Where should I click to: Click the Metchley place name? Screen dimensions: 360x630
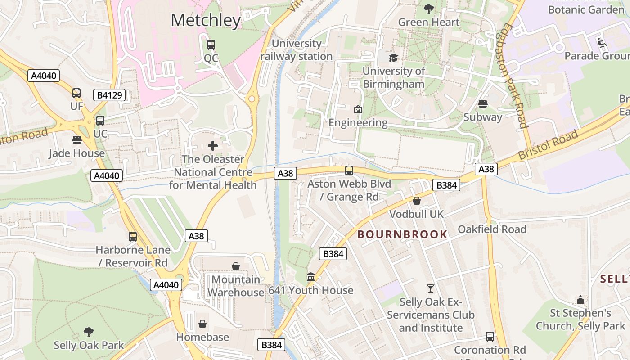(206, 20)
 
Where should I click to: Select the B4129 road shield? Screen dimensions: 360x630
(109, 95)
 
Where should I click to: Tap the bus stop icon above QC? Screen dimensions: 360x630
(211, 45)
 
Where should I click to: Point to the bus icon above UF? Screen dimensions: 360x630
(76, 93)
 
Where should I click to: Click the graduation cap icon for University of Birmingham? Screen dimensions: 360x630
(393, 58)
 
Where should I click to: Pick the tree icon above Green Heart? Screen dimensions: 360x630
(429, 9)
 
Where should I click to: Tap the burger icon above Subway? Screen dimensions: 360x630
(483, 104)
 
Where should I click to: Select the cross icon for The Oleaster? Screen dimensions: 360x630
(213, 146)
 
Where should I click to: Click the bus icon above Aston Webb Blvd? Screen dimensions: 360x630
(349, 171)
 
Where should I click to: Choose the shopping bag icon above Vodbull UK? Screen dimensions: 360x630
(417, 201)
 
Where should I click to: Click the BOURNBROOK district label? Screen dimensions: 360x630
(402, 234)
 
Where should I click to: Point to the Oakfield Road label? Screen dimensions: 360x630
(492, 229)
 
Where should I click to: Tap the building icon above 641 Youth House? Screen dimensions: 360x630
(311, 277)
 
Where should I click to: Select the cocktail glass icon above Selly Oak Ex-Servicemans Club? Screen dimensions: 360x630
(431, 288)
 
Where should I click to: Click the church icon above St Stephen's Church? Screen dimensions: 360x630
(580, 300)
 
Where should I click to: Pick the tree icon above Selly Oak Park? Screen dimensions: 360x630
(89, 332)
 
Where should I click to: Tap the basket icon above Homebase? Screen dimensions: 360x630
(202, 324)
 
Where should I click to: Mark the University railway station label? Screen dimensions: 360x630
(297, 50)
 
